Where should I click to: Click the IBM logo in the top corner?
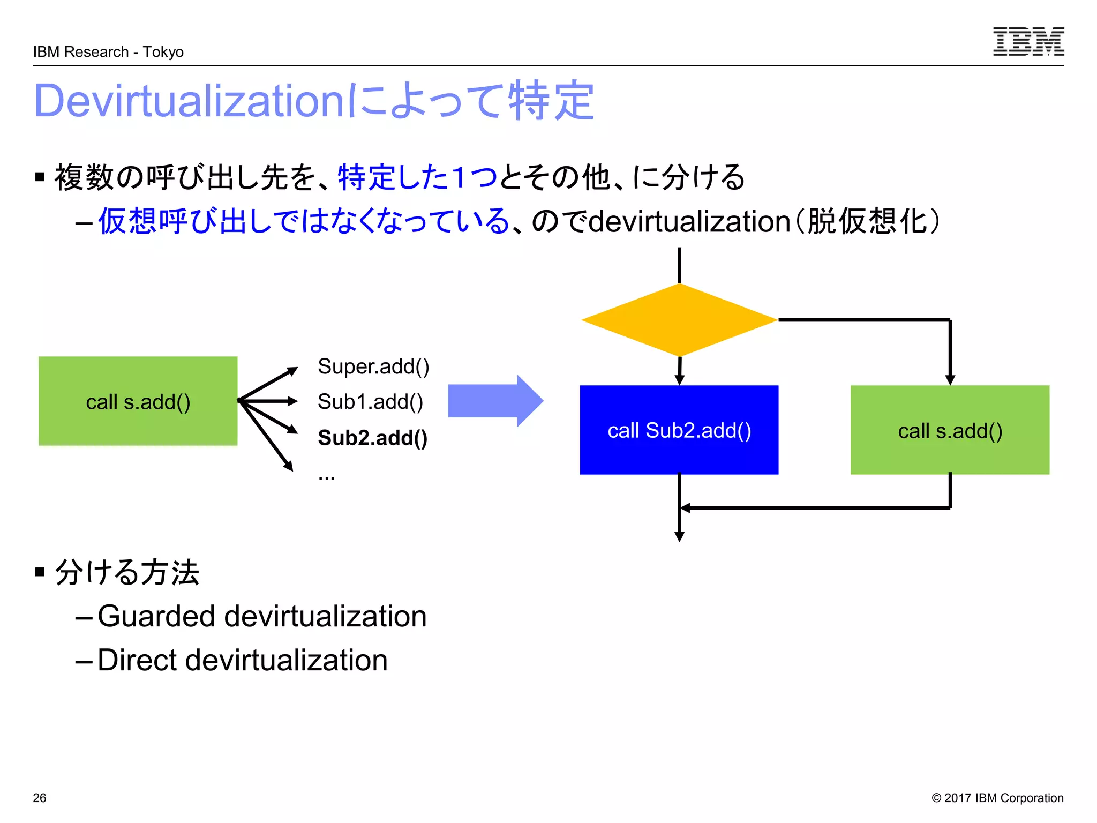[x=1028, y=41]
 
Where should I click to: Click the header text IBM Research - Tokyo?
[x=108, y=52]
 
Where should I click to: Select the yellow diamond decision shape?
[x=679, y=320]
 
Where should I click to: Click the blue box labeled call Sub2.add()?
[x=679, y=430]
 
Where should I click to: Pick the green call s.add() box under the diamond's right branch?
[x=949, y=430]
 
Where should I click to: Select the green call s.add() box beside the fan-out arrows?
[x=138, y=401]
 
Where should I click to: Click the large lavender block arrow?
[x=495, y=401]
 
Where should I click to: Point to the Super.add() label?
[x=373, y=366]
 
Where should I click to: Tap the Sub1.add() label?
[x=370, y=402]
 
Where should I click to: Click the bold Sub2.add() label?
[x=372, y=438]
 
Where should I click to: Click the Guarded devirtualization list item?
[x=262, y=616]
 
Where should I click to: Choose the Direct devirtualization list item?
[x=242, y=660]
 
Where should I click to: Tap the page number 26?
[x=40, y=798]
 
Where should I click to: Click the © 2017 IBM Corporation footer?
[x=997, y=798]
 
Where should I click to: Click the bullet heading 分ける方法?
[x=127, y=572]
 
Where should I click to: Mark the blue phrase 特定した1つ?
[x=417, y=177]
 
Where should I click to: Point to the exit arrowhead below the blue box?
[x=679, y=537]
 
